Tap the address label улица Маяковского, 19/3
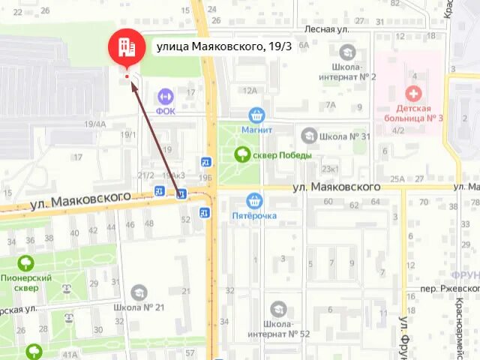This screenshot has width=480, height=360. pos(224,46)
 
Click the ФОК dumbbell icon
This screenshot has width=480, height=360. pos(165,96)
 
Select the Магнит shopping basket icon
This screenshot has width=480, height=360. pos(257,115)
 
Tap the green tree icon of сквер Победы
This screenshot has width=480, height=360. pos(242,154)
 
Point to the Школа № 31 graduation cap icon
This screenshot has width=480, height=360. pos(308,136)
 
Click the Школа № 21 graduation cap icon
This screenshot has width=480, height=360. pos(139,292)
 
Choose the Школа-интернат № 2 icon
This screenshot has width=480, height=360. pos(347,52)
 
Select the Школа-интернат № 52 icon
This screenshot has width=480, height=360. pos(278,308)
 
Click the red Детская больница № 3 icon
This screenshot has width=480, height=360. pos(412,93)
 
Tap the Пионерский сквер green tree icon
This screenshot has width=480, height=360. pos(26,263)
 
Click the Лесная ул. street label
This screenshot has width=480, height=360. pos(327,29)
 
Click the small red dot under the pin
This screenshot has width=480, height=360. pos(127,76)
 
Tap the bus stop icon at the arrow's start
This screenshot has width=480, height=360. pos(181,194)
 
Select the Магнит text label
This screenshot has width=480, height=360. pos(256,130)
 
